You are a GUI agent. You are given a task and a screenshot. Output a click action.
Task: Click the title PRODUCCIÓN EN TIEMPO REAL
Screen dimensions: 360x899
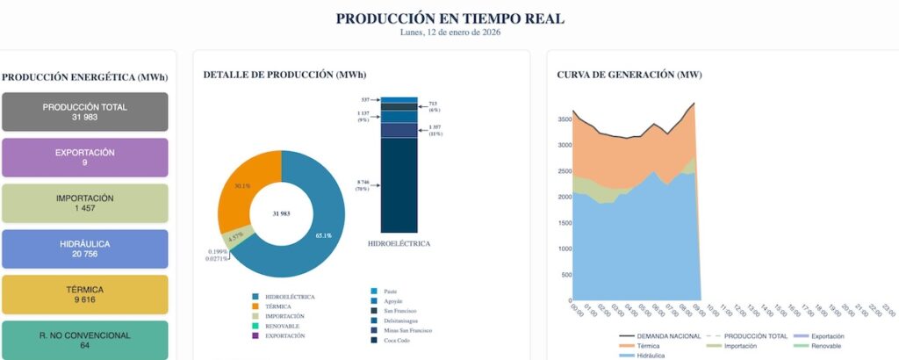point(449,18)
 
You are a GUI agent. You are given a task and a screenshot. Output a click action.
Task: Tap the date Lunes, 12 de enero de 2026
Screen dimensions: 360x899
point(449,32)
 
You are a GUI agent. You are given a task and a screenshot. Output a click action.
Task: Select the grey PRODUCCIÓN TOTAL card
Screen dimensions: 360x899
point(85,112)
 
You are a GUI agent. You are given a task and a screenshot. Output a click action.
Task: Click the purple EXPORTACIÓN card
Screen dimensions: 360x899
point(85,157)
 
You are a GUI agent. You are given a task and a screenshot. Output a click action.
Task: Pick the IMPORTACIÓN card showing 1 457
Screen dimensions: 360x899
point(85,203)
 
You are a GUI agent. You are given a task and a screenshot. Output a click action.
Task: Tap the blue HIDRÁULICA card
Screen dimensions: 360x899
point(85,248)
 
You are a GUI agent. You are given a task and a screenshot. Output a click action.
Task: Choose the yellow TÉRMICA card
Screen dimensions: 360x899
point(85,294)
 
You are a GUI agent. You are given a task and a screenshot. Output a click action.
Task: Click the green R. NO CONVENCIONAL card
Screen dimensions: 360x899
point(85,339)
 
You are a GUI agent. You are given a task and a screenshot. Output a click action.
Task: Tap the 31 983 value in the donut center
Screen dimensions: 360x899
point(281,213)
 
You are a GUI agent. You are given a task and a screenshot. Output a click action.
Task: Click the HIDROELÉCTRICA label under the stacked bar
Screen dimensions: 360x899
point(399,243)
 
